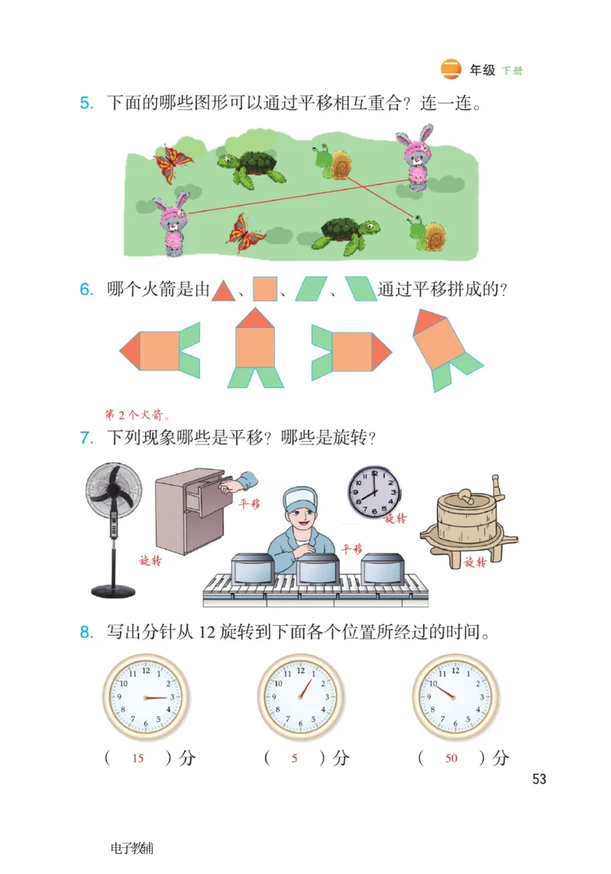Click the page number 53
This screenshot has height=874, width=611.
pyautogui.click(x=539, y=779)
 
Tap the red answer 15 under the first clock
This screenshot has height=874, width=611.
pyautogui.click(x=138, y=759)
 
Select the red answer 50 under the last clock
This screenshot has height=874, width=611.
pyautogui.click(x=451, y=759)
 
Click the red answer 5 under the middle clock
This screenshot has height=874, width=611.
pyautogui.click(x=295, y=759)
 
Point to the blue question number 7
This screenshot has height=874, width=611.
pyautogui.click(x=86, y=439)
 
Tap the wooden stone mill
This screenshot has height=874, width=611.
pyautogui.click(x=467, y=519)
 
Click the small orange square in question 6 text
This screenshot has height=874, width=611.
pyautogui.click(x=264, y=289)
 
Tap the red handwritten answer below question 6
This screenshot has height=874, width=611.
pyautogui.click(x=137, y=415)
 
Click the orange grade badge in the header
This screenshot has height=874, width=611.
pyautogui.click(x=451, y=70)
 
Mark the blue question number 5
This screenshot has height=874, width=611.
pyautogui.click(x=86, y=102)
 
